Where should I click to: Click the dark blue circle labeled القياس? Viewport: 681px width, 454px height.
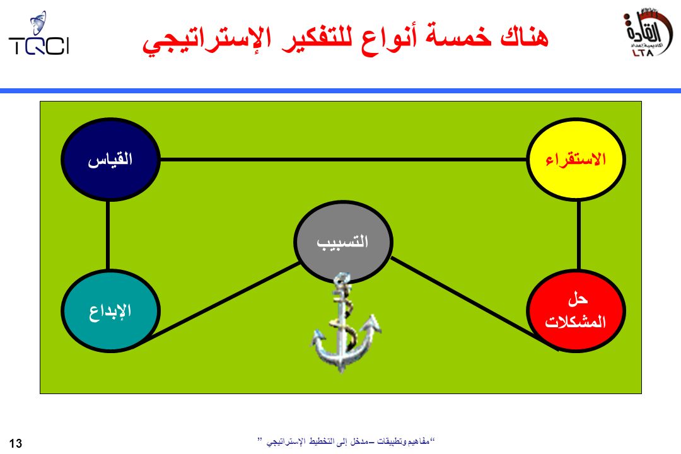pyautogui.click(x=110, y=160)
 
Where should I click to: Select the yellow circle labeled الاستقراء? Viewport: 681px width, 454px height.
pyautogui.click(x=576, y=160)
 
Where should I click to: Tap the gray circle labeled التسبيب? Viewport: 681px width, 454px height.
pyautogui.click(x=343, y=242)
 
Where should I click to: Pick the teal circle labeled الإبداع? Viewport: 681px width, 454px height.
pyautogui.click(x=110, y=310)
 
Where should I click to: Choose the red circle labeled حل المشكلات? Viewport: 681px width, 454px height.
pyautogui.click(x=576, y=310)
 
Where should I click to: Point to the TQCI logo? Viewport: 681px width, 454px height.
pyautogui.click(x=39, y=34)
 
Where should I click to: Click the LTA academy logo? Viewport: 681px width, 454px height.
pyautogui.click(x=648, y=33)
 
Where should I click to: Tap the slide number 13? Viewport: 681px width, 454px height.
pyautogui.click(x=15, y=443)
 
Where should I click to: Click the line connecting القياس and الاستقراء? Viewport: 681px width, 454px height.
pyautogui.click(x=344, y=160)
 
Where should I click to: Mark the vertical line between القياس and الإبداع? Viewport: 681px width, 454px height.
pyautogui.click(x=108, y=235)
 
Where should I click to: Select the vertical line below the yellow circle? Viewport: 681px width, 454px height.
pyautogui.click(x=579, y=235)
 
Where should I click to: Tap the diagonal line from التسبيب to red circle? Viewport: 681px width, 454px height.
pyautogui.click(x=474, y=303)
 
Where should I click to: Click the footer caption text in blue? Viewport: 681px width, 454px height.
pyautogui.click(x=347, y=442)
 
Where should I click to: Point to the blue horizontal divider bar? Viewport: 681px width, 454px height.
pyautogui.click(x=340, y=91)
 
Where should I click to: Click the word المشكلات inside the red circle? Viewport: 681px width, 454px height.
pyautogui.click(x=576, y=322)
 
